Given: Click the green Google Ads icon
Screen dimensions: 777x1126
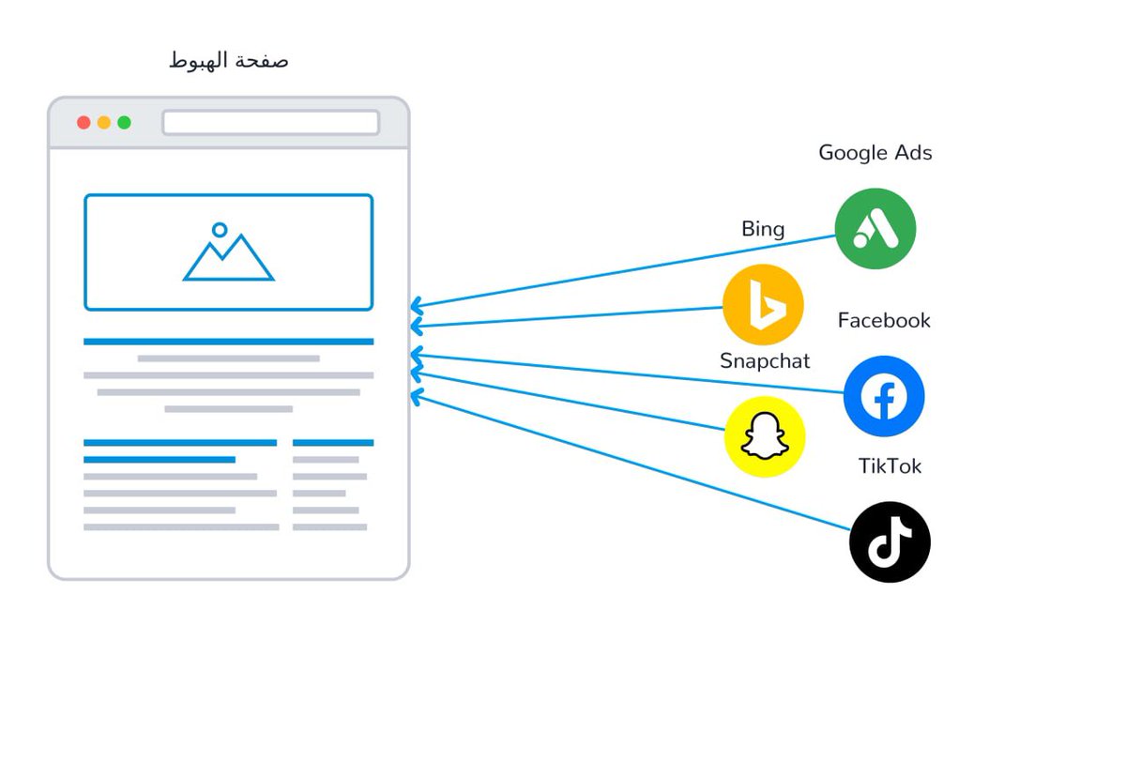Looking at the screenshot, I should point(875,229).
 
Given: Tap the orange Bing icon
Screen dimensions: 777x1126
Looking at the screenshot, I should point(763,305).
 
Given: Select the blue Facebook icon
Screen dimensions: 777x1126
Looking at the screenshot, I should point(884,396).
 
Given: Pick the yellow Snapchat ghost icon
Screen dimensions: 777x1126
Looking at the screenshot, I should point(765,436).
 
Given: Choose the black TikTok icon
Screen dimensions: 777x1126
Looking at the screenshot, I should point(890,542).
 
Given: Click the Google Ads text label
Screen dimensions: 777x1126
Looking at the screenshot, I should point(875,153).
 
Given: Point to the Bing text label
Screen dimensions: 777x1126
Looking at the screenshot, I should point(763,229).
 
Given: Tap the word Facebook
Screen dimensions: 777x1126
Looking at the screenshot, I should point(884,321).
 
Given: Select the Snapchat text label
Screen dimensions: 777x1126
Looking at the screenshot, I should point(765,361).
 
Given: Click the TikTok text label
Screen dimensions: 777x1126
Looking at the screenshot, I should point(890,466).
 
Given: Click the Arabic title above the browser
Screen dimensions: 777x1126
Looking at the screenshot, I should point(228,62).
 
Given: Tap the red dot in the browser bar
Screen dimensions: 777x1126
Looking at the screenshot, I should point(84,123).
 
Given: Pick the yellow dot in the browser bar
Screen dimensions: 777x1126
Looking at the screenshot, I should point(104,123).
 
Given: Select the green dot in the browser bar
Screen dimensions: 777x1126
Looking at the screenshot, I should point(124,123).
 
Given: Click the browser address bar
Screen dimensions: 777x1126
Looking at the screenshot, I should point(270,123).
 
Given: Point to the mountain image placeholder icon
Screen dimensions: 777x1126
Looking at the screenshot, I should point(228,258).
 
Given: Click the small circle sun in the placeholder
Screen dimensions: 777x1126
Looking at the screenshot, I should point(220,230).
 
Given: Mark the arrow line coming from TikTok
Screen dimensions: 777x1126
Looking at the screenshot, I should point(638,465).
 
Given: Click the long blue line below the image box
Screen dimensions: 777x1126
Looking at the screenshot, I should point(228,342).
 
